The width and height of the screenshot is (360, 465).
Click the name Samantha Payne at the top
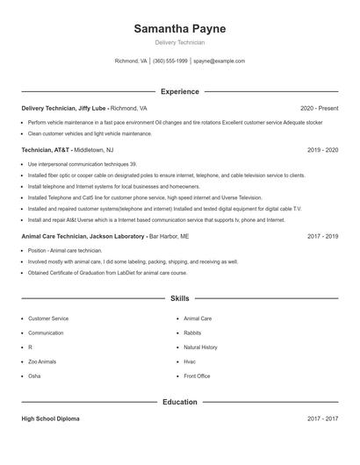(x=180, y=29)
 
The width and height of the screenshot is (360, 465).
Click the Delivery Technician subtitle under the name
(x=180, y=42)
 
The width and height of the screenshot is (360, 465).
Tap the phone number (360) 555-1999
(x=170, y=61)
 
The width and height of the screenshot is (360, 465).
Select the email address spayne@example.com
(x=220, y=61)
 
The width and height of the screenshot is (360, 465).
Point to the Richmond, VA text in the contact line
(x=131, y=61)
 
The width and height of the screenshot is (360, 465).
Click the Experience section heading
(x=180, y=91)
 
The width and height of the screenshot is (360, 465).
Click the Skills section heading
(x=180, y=299)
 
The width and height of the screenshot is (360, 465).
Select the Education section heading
(x=180, y=402)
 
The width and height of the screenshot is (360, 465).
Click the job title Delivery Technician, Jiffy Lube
(x=64, y=108)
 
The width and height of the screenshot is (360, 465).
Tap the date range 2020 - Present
(x=319, y=108)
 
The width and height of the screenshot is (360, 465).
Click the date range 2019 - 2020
(x=322, y=150)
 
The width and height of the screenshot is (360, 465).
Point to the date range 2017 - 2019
(x=322, y=236)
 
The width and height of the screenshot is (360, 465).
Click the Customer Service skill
(x=48, y=318)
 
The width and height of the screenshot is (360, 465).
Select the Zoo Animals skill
(x=42, y=361)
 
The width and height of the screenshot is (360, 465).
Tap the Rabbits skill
(x=193, y=333)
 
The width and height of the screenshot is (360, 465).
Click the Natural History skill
(x=201, y=347)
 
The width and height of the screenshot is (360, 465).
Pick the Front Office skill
(x=197, y=376)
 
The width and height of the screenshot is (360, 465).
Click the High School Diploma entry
(x=50, y=419)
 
